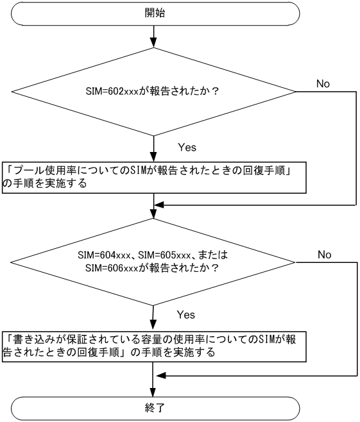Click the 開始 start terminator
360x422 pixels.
coord(155,13)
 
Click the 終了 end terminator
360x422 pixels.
coord(155,407)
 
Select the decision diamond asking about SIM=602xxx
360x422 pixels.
coord(154,91)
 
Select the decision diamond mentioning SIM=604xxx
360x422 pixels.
coord(154,261)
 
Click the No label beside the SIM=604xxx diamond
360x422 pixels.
coord(325,255)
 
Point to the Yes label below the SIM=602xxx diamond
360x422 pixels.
coord(187,148)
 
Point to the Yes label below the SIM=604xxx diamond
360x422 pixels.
coord(185,316)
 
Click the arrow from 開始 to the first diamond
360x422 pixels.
coord(154,35)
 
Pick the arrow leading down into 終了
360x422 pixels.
coord(154,385)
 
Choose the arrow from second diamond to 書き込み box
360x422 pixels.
coord(154,317)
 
